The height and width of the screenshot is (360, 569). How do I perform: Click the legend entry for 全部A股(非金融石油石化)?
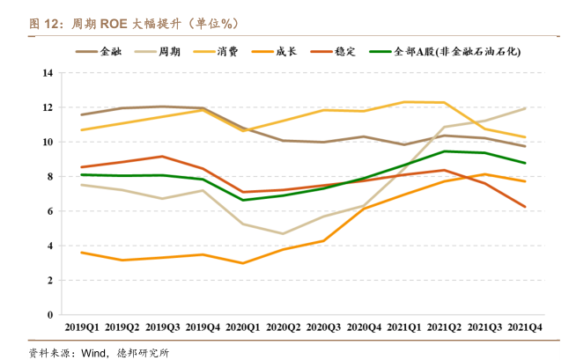(457, 51)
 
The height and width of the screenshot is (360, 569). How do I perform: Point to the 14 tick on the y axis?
(48, 73)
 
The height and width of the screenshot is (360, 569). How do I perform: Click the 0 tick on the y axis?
(51, 315)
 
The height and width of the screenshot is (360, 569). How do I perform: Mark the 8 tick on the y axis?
(51, 177)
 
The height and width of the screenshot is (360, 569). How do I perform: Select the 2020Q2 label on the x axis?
(284, 327)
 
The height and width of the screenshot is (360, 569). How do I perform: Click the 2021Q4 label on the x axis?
(526, 327)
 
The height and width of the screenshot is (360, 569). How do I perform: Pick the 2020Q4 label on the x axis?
(365, 327)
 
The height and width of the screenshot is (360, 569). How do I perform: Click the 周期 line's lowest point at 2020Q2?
(284, 234)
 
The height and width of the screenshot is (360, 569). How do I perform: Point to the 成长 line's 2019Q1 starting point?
(81, 253)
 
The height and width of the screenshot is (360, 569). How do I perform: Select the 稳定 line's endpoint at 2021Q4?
(526, 207)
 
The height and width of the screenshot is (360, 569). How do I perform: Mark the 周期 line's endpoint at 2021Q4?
(526, 108)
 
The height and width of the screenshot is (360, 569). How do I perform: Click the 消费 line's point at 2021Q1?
(405, 102)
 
